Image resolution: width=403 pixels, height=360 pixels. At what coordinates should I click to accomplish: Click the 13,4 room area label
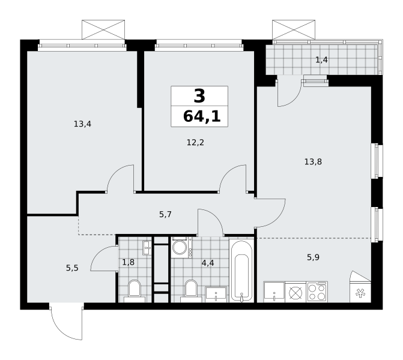pyautogui.click(x=82, y=124)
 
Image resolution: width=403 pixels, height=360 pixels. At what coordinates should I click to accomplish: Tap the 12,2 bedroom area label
pyautogui.click(x=195, y=142)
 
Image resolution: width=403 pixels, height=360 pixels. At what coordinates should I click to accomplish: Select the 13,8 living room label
pyautogui.click(x=313, y=162)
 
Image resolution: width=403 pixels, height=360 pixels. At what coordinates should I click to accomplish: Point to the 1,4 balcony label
pyautogui.click(x=321, y=60)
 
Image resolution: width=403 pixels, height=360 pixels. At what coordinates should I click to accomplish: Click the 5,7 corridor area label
pyautogui.click(x=165, y=214)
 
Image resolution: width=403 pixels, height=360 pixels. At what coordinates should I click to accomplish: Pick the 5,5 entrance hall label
pyautogui.click(x=72, y=268)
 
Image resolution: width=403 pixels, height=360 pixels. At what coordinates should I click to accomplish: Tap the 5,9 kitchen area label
pyautogui.click(x=313, y=257)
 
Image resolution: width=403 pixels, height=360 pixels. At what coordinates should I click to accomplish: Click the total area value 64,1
pyautogui.click(x=202, y=116)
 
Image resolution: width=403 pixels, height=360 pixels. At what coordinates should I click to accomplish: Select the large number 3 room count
pyautogui.click(x=199, y=95)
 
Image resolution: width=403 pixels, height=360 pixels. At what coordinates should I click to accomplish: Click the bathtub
pyautogui.click(x=241, y=271)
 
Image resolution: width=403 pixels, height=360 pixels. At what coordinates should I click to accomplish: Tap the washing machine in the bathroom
pyautogui.click(x=181, y=247)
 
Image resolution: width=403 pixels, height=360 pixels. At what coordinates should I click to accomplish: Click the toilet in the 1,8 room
pyautogui.click(x=135, y=291)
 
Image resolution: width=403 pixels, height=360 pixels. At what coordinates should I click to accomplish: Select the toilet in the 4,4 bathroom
pyautogui.click(x=191, y=291)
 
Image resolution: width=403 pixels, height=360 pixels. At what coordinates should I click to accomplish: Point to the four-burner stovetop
pyautogui.click(x=317, y=292)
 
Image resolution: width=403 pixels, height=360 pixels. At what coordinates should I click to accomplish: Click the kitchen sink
pyautogui.click(x=274, y=292)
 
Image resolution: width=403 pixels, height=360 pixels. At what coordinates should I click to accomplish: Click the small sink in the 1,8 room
pyautogui.click(x=147, y=248)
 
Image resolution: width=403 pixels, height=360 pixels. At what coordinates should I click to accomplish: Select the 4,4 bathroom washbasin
pyautogui.click(x=216, y=295)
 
